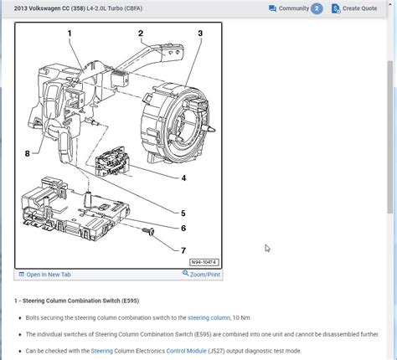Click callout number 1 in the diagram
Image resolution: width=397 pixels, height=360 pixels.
coord(70,33)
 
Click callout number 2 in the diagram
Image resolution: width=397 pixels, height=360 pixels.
coord(142,33)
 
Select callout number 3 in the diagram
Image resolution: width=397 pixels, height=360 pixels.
coord(200,33)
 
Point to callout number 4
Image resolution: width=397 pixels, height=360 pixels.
coord(183,177)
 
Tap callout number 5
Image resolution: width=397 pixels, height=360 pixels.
coord(183,213)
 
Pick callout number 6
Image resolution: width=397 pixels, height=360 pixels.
coord(183,229)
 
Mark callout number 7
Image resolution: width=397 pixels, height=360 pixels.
coord(183,249)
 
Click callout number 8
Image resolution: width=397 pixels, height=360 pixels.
coord(27,153)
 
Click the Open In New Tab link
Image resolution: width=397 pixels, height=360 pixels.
coord(48,274)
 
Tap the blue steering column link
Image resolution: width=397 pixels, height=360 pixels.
coord(209,318)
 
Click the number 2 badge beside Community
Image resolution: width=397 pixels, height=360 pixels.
coord(317,8)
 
